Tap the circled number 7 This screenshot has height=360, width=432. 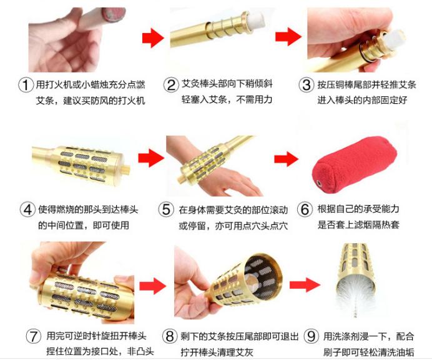(x=34, y=336)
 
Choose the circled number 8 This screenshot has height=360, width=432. (x=169, y=336)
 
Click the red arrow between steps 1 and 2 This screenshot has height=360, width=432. (x=152, y=39)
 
